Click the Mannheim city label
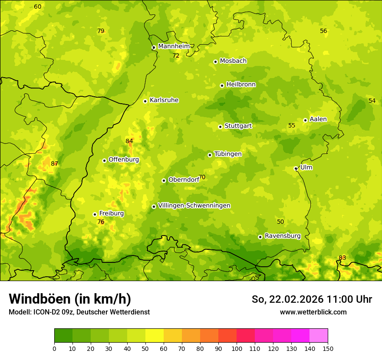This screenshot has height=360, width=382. pyautogui.click(x=174, y=46)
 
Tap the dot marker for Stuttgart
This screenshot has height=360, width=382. pyautogui.click(x=220, y=127)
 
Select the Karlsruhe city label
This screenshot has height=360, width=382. pyautogui.click(x=164, y=100)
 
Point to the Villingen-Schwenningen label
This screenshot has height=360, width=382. pyautogui.click(x=194, y=206)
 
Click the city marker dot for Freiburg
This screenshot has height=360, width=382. pyautogui.click(x=95, y=214)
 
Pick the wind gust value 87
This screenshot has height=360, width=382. pyautogui.click(x=54, y=164)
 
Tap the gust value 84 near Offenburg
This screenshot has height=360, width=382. pyautogui.click(x=129, y=141)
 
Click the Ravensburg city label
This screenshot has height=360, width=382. pyautogui.click(x=282, y=236)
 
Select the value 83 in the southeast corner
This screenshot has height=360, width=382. pyautogui.click(x=342, y=258)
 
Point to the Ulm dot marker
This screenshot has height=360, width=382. pyautogui.click(x=296, y=168)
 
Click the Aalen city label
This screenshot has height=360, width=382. pyautogui.click(x=318, y=119)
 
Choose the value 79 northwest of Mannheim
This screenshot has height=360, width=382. pyautogui.click(x=101, y=31)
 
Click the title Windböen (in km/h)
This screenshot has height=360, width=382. pyautogui.click(x=69, y=299)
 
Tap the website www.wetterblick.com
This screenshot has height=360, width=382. pyautogui.click(x=313, y=312)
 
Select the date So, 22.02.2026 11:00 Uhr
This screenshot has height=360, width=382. pyautogui.click(x=312, y=299)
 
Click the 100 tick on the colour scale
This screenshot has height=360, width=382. pyautogui.click(x=237, y=348)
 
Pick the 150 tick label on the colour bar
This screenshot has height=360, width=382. pyautogui.click(x=327, y=348)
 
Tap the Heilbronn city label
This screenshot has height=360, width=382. pyautogui.click(x=240, y=85)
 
